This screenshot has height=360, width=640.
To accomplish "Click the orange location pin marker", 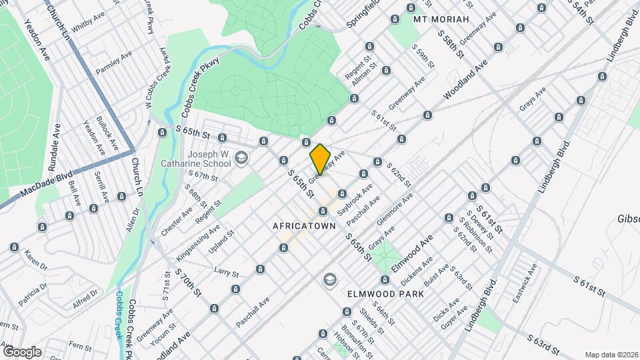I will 320,159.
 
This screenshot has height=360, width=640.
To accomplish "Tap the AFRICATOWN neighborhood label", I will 303,227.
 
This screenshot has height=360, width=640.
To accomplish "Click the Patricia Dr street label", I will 33,294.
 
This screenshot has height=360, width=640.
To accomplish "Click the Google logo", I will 22,351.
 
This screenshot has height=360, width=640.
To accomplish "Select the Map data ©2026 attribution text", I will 611,355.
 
